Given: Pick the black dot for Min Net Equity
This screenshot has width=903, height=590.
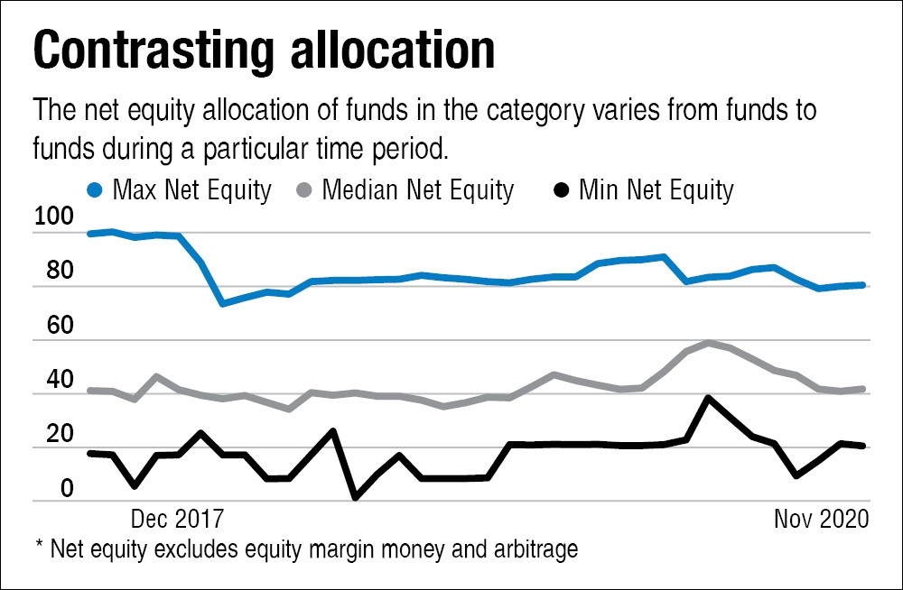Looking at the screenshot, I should click(562, 190).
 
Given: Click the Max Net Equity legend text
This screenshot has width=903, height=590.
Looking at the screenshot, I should click(191, 190).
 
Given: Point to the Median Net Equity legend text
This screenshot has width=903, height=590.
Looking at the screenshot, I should click(417, 190).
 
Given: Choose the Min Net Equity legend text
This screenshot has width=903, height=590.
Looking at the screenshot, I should click(656, 190).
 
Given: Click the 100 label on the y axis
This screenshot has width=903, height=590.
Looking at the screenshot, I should click(53, 218).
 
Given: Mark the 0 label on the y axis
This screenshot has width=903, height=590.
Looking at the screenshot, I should click(42, 487).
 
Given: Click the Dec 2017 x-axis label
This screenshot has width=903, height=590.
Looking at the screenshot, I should click(177, 520).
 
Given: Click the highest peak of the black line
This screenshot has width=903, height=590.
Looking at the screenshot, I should click(709, 397).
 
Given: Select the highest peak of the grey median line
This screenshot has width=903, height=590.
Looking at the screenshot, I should click(709, 343).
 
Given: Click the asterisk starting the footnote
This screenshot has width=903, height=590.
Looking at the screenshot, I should click(37, 547).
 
